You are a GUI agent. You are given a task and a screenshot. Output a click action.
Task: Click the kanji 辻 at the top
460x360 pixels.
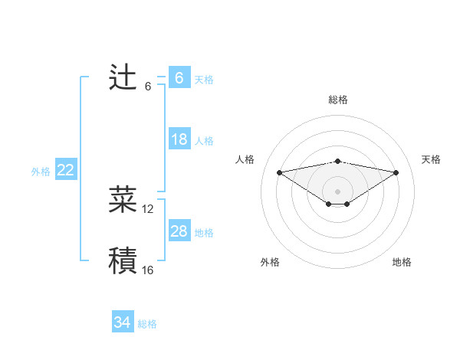(x=123, y=78)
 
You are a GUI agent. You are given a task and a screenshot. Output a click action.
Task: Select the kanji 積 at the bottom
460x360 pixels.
(x=123, y=261)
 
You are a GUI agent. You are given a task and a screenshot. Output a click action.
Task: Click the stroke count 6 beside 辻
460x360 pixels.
(x=148, y=87)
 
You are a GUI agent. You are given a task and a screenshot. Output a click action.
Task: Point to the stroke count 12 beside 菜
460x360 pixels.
(x=148, y=209)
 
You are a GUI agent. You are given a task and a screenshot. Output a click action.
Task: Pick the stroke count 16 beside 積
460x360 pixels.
(x=148, y=270)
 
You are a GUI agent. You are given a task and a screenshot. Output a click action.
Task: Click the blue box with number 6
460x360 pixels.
(x=179, y=78)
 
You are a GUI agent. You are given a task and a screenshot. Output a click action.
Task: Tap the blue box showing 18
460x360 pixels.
(x=179, y=139)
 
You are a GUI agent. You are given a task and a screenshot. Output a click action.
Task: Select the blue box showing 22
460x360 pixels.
(x=65, y=170)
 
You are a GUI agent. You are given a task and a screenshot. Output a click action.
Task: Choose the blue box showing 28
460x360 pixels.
(x=179, y=231)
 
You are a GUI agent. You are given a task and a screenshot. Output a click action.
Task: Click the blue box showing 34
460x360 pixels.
(x=122, y=322)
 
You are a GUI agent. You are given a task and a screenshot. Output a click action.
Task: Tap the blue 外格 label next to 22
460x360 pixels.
(x=41, y=172)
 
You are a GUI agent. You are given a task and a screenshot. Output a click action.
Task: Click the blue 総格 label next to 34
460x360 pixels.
(x=147, y=324)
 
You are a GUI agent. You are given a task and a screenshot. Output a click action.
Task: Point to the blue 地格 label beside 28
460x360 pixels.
(x=204, y=233)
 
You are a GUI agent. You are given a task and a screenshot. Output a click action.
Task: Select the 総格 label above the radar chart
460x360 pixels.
(x=337, y=100)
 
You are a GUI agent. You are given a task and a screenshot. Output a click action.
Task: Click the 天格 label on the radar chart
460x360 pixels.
(x=431, y=159)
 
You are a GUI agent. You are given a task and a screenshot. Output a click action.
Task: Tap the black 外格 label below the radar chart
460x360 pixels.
(x=270, y=263)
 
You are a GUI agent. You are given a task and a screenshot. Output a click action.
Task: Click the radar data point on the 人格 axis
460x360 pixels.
(x=279, y=172)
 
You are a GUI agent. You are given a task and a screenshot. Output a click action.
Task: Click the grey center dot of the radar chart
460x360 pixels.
(x=337, y=191)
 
